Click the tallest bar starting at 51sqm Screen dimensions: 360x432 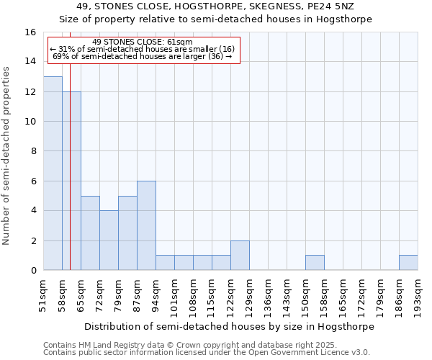pos(53,173)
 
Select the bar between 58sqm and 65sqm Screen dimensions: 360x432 pos(71,181)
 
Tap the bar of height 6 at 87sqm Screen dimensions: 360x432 pos(146,225)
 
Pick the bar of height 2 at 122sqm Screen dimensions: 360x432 pos(240,256)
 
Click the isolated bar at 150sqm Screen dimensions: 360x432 pos(315,263)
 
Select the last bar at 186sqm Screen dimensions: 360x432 pos(408,263)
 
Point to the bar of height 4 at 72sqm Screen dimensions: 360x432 pos(109,240)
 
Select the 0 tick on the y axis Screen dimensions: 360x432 pos(33,271)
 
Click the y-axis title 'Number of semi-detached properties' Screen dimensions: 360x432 pos(7,156)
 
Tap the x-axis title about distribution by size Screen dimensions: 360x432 pos(230,326)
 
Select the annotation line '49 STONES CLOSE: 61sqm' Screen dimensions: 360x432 pos(143,42)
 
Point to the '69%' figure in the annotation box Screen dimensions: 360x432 pos(60,56)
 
